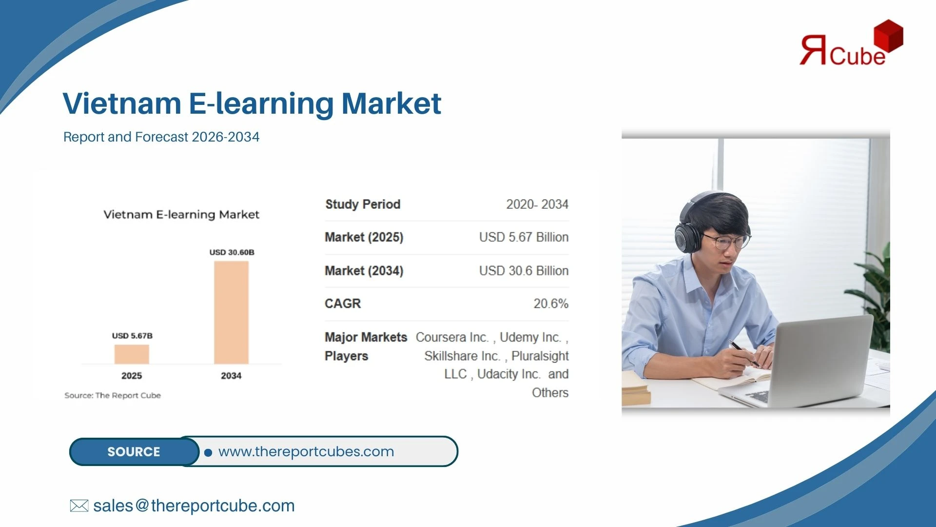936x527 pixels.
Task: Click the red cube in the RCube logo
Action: (888, 35)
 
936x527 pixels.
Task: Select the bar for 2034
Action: (231, 312)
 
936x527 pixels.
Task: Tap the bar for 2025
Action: (132, 354)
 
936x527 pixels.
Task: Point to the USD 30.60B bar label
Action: (232, 252)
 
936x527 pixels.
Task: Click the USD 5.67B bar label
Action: (132, 336)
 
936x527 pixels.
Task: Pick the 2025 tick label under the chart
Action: (132, 376)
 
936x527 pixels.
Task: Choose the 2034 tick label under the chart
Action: (231, 376)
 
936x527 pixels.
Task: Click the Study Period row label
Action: (363, 204)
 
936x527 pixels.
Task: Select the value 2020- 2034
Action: (537, 204)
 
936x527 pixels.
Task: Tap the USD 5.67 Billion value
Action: (524, 237)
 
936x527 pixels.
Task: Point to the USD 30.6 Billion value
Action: (524, 271)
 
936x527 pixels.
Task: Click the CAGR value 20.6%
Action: (551, 304)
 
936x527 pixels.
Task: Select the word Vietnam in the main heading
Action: (122, 103)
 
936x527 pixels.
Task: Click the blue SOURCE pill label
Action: (134, 452)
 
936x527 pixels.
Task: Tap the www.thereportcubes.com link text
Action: (306, 452)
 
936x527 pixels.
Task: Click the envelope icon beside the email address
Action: (79, 506)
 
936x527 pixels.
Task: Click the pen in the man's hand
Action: (743, 353)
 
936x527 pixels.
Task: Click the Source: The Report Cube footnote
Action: (113, 395)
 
